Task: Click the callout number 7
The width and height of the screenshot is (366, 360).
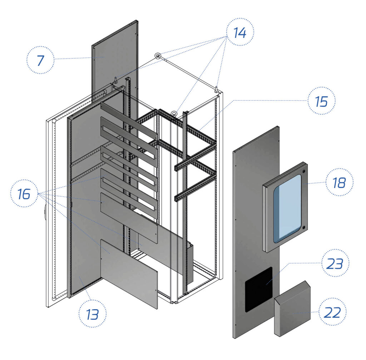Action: (x=40, y=60)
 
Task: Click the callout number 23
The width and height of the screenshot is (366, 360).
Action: (x=335, y=264)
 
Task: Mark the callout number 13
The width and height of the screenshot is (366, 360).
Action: (x=92, y=314)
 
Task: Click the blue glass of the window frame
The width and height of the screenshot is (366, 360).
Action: (x=287, y=209)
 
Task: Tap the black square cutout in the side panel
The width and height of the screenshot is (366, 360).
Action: (x=258, y=289)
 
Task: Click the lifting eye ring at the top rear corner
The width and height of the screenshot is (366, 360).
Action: (x=158, y=55)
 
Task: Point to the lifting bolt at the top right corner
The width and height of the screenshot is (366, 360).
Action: (x=217, y=89)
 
